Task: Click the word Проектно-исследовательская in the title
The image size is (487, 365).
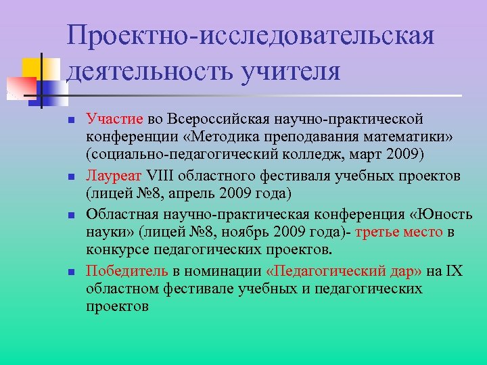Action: click(x=250, y=36)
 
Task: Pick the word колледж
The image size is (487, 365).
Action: click(x=329, y=155)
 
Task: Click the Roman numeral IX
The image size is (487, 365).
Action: click(x=455, y=271)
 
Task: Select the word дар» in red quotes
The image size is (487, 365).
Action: click(x=404, y=271)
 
